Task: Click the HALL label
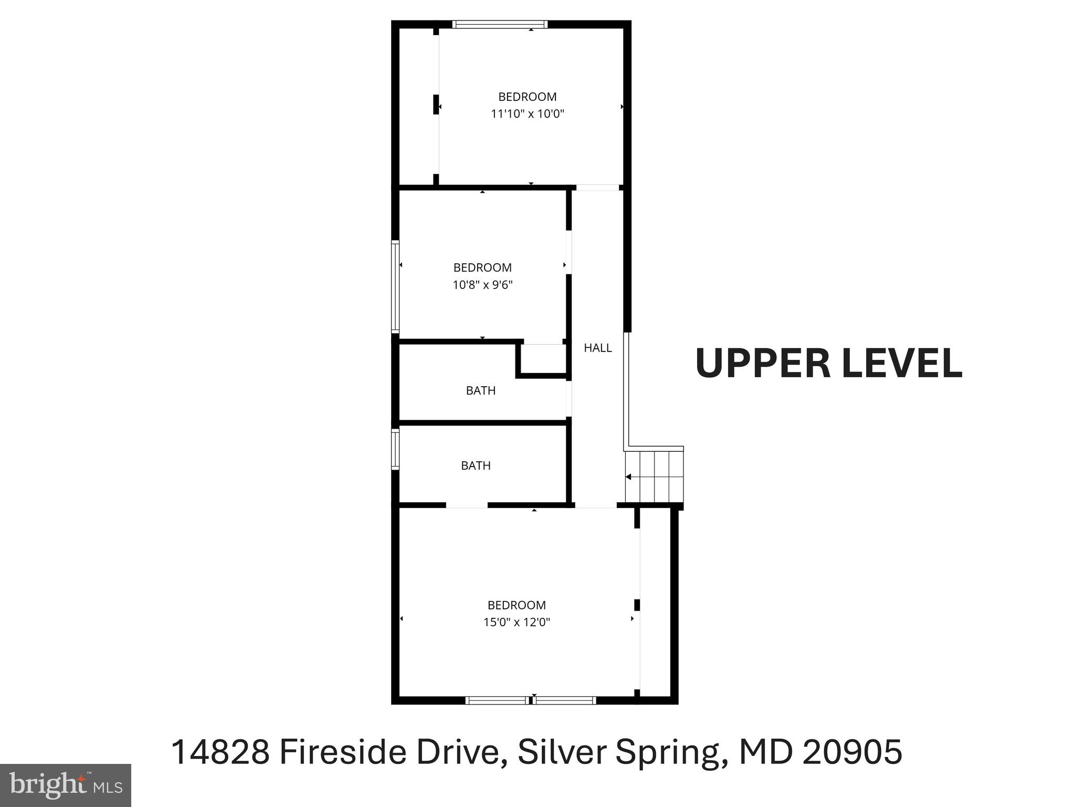tap(597, 348)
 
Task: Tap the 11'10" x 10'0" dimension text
tap(527, 114)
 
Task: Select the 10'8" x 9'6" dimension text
tap(482, 285)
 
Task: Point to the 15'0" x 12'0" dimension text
tap(517, 623)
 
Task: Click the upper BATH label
tap(480, 391)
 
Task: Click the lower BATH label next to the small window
tap(476, 466)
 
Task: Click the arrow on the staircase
tap(629, 477)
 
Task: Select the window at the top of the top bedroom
tap(500, 24)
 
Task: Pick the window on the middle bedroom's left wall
tap(396, 286)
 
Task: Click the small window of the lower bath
tap(396, 449)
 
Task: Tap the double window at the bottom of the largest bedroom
tap(531, 700)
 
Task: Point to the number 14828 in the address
tap(220, 752)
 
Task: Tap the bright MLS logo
tap(65, 785)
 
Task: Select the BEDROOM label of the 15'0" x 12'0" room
tap(517, 605)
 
